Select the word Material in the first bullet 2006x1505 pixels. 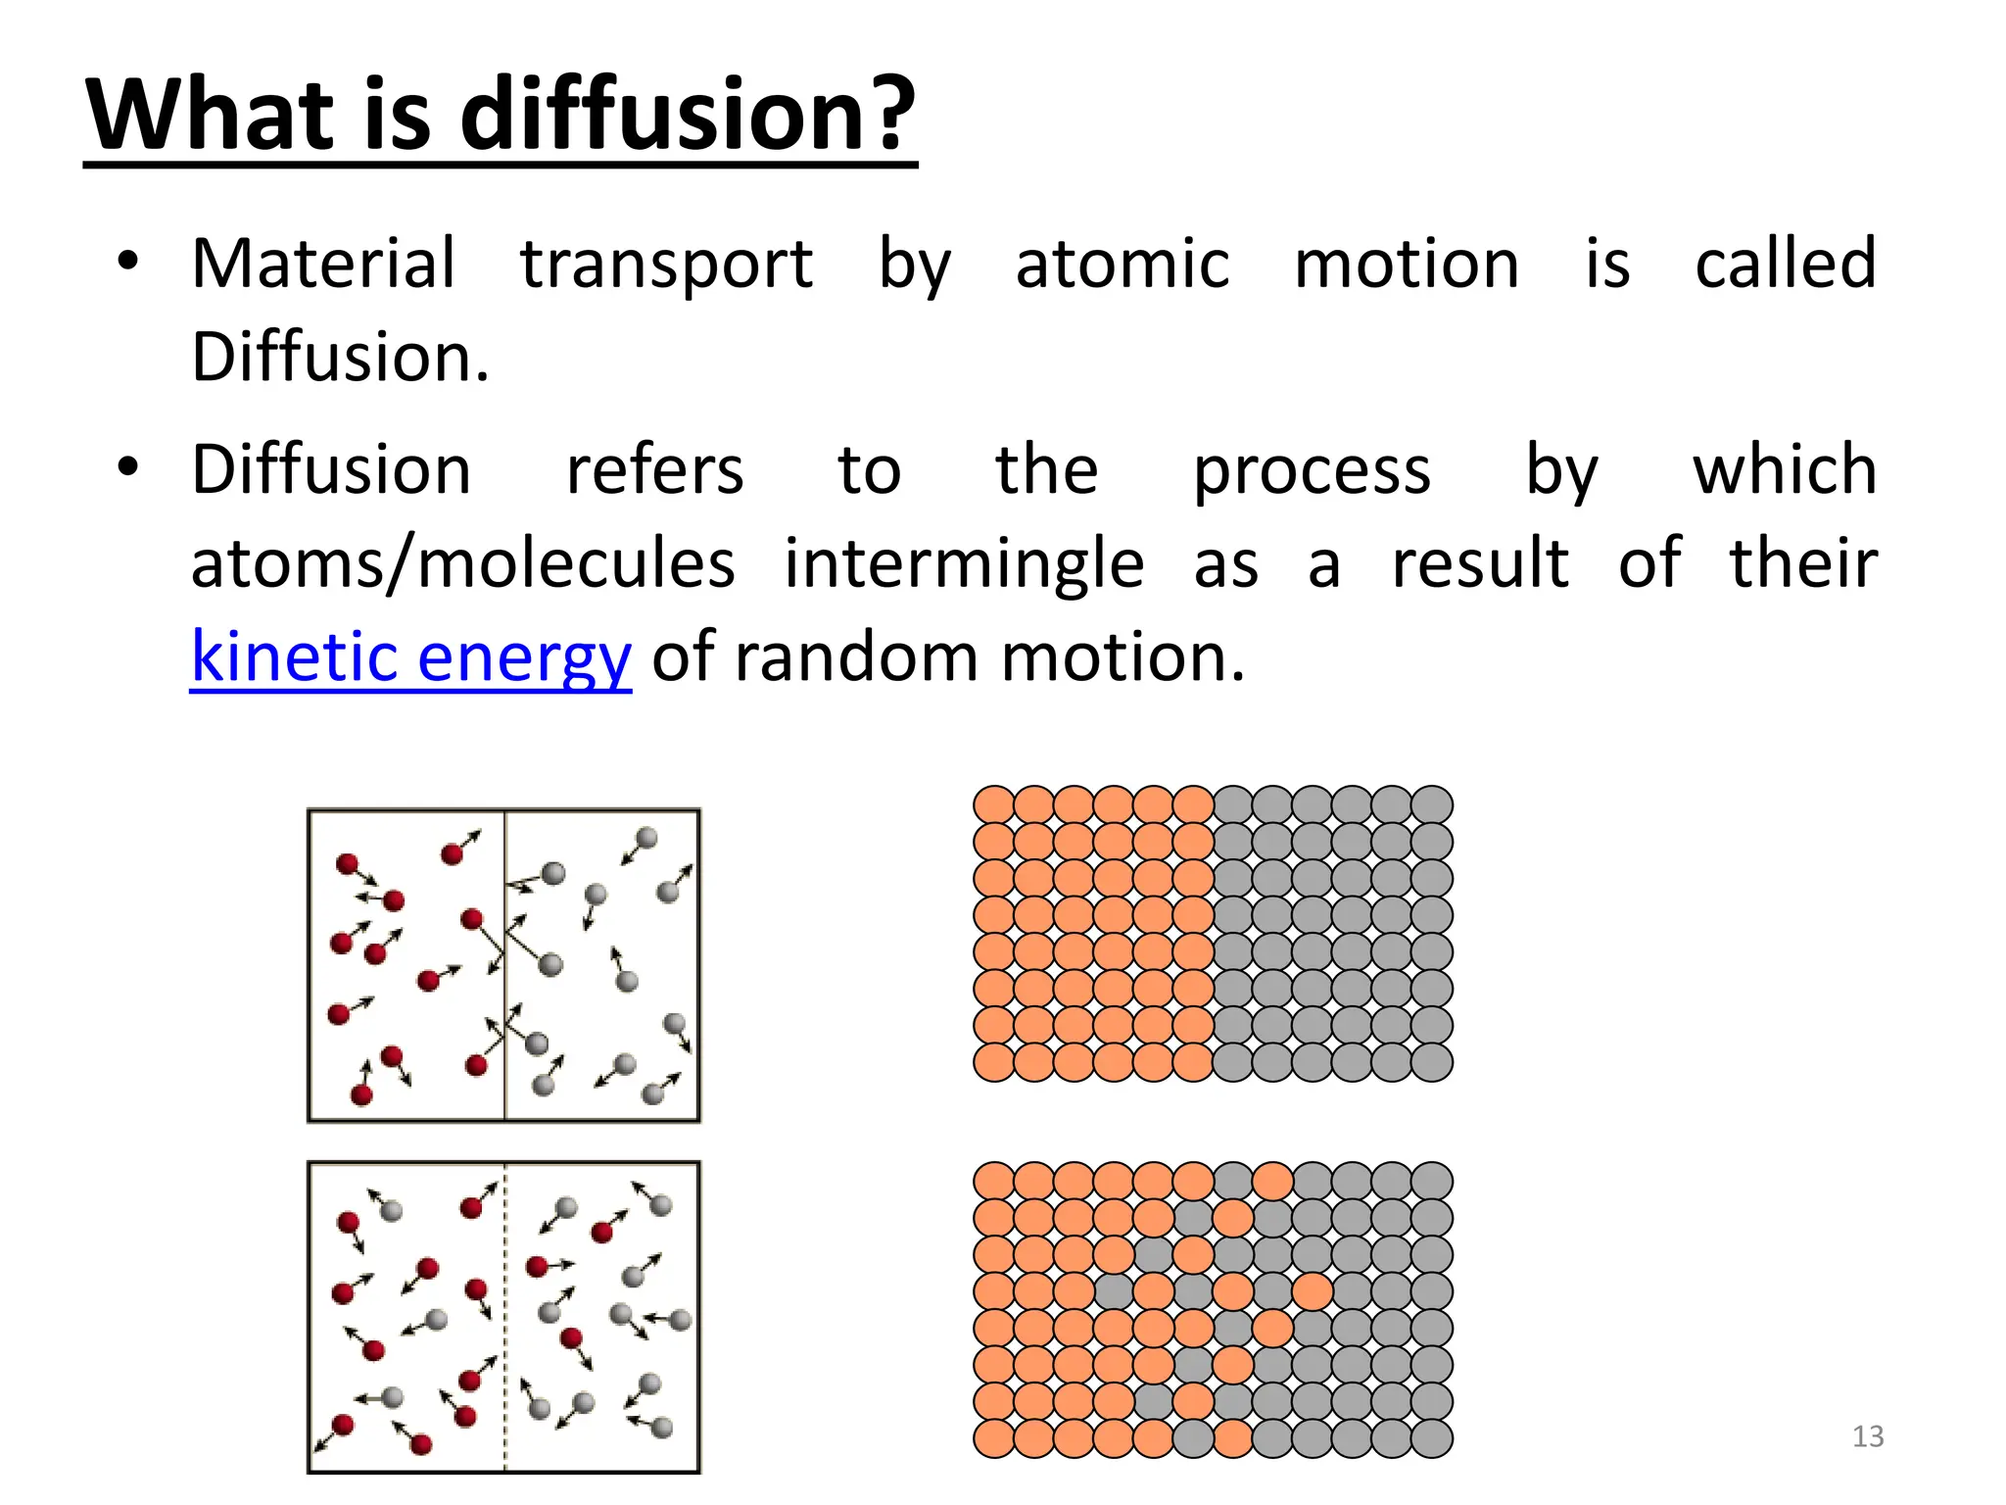[x=323, y=265]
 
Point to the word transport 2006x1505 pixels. [x=666, y=265]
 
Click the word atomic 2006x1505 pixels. [x=1122, y=265]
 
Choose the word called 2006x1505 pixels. [x=1785, y=265]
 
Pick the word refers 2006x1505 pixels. [x=654, y=470]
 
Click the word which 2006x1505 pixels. [x=1785, y=470]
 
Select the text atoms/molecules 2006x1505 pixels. [x=462, y=564]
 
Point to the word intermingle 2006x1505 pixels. [x=964, y=565]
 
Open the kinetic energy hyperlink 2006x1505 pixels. [x=410, y=657]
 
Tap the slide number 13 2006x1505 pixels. [x=1868, y=1436]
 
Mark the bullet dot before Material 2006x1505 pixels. [x=127, y=262]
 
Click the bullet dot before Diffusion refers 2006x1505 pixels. [x=127, y=467]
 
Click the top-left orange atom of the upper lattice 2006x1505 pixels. [x=994, y=805]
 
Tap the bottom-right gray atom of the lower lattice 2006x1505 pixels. [x=1432, y=1438]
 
